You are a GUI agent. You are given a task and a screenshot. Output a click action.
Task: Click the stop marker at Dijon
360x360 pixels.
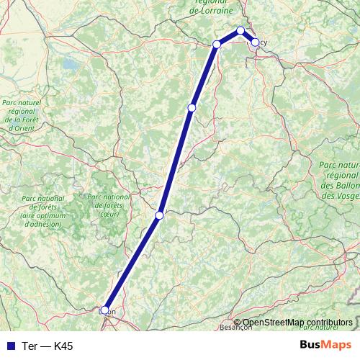tap(105, 310)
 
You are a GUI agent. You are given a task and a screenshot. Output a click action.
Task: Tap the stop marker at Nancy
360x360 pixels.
tap(255, 42)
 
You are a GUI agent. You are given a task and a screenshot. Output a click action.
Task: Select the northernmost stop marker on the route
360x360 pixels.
tap(240, 30)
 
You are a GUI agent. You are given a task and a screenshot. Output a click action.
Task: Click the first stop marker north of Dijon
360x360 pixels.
tap(160, 215)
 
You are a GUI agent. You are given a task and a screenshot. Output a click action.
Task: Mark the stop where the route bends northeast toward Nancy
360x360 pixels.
tap(217, 45)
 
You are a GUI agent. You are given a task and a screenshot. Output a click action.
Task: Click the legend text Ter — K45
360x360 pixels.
tap(48, 346)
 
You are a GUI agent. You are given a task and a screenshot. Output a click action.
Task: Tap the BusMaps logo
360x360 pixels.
tap(325, 346)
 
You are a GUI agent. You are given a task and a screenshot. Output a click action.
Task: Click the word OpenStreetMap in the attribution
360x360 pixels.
tap(273, 322)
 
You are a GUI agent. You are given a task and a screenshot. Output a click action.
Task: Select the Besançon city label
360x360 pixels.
tap(238, 327)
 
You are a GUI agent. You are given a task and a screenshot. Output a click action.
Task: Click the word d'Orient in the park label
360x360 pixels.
tap(19, 127)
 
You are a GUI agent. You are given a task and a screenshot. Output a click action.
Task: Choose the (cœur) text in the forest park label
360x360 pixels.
tap(109, 214)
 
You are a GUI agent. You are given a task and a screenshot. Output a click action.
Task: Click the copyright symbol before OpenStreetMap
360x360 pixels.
tap(238, 322)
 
